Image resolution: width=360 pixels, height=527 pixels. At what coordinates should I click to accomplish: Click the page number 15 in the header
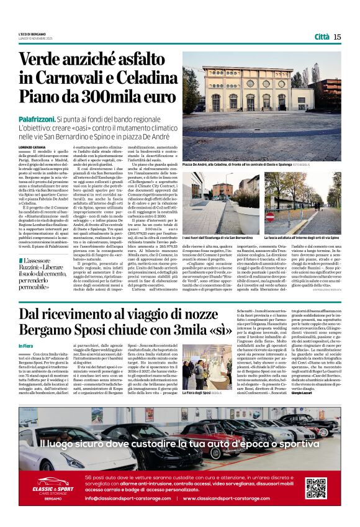[x=337, y=37]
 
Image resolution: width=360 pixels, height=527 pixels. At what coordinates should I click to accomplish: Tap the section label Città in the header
[x=322, y=37]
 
